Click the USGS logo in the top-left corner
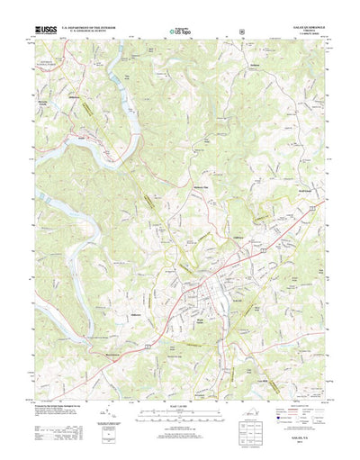[x=44, y=32]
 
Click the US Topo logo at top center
[x=180, y=32]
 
